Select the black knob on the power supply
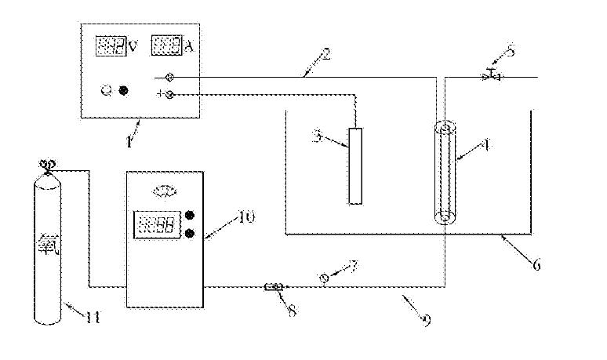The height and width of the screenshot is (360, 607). [x=123, y=89]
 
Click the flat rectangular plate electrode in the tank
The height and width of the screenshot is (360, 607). [x=356, y=165]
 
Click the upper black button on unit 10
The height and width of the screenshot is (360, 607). [x=190, y=215]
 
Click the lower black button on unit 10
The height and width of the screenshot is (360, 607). [x=190, y=231]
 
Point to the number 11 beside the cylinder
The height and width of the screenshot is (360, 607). [x=93, y=317]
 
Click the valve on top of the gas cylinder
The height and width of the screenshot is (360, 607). [x=45, y=166]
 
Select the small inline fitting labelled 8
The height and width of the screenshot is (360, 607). [x=274, y=287]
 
